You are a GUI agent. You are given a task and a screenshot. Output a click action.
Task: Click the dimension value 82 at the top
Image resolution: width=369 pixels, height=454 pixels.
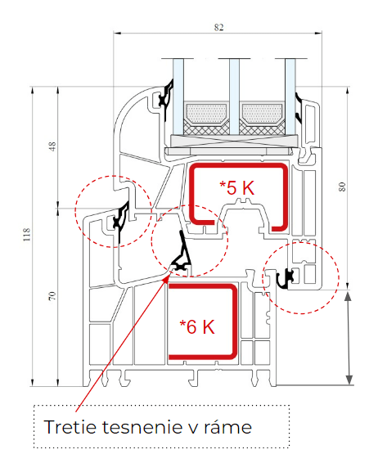coord(218,27)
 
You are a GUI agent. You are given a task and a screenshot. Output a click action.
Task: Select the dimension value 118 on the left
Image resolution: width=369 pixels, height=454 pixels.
coord(27,235)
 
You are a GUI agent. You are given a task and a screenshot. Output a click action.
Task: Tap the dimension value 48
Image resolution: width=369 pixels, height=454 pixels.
coord(52,146)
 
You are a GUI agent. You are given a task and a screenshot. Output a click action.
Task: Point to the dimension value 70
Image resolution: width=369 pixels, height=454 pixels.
coord(52,296)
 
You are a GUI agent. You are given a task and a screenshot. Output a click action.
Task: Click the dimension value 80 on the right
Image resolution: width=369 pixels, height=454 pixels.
coord(342,187)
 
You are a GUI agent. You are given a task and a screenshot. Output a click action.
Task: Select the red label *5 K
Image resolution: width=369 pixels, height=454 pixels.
coord(237,187)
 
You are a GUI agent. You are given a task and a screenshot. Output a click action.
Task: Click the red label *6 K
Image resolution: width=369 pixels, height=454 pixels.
coord(197,326)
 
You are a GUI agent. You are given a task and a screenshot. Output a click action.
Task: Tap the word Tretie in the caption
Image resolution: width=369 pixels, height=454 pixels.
coord(70,427)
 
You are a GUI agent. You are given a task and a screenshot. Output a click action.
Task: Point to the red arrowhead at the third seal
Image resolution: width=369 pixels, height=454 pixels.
coord(167,278)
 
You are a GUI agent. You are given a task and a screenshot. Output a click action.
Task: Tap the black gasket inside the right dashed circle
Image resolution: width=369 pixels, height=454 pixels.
coord(287,279)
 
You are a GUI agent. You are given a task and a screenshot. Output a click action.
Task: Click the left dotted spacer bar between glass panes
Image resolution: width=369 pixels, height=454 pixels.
coord(206,113)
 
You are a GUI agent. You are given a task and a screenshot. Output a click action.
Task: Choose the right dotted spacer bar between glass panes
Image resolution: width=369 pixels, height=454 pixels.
coord(262,113)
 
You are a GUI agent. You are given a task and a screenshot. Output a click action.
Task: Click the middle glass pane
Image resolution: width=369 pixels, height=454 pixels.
coord(234,97)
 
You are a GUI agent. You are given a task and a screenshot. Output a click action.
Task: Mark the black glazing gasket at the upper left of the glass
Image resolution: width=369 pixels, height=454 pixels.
coord(166,100)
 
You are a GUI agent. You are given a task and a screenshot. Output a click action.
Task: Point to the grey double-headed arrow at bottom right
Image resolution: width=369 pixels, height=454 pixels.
coord(349,338)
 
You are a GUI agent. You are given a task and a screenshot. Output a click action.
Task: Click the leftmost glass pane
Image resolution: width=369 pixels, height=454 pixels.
coord(178,97)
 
